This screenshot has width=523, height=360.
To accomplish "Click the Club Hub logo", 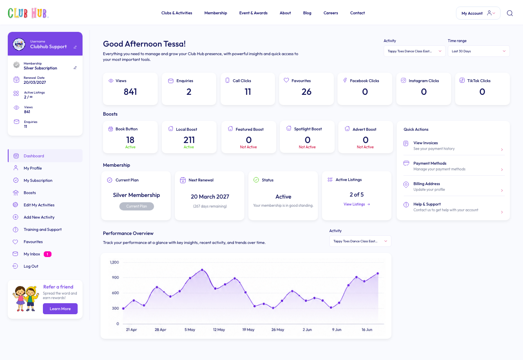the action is [x=28, y=13].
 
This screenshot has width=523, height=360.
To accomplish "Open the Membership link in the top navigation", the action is [x=215, y=13].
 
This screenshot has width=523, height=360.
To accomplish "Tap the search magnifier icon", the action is [x=510, y=13].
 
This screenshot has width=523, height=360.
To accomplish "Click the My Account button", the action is [x=478, y=13].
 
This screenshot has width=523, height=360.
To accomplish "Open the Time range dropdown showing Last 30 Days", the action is [x=478, y=51].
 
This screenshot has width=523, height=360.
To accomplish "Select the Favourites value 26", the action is [x=306, y=92].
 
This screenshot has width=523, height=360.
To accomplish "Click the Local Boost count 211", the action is [x=189, y=140].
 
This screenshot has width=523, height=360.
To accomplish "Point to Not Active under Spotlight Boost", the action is [x=307, y=147].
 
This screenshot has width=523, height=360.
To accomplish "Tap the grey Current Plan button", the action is [x=136, y=206].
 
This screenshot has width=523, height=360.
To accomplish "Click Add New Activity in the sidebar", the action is [x=39, y=217].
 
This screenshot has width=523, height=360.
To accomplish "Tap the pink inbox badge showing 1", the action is [x=47, y=254].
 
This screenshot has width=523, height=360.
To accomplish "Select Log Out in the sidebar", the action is [x=31, y=266].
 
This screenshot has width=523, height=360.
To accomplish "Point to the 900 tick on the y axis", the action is [x=115, y=277].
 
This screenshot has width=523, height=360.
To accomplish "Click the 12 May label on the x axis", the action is [x=219, y=330].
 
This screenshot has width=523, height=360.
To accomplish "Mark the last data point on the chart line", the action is [x=378, y=273].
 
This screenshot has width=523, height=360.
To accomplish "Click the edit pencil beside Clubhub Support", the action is [x=75, y=47].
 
